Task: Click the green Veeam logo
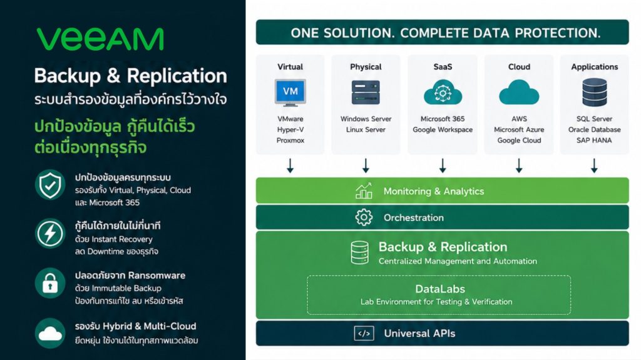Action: point(100,39)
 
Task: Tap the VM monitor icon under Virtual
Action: point(290,92)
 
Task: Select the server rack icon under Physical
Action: point(366,92)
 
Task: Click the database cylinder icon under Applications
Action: point(595,92)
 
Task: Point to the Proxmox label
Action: point(290,141)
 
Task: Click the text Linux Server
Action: point(366,130)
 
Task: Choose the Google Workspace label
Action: point(443,130)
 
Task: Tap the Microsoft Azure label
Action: point(519,130)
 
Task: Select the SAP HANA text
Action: point(594,141)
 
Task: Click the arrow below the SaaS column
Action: point(443,166)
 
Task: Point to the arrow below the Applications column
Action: point(594,166)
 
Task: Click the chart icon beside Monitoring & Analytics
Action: point(364,191)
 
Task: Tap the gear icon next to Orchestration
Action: point(364,217)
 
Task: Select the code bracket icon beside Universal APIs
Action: point(364,334)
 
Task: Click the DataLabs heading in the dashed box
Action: point(440,289)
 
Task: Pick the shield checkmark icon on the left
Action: point(50,185)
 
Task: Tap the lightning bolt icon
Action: point(50,234)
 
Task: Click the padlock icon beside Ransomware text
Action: point(50,283)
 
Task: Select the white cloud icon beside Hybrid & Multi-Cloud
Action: point(50,333)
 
